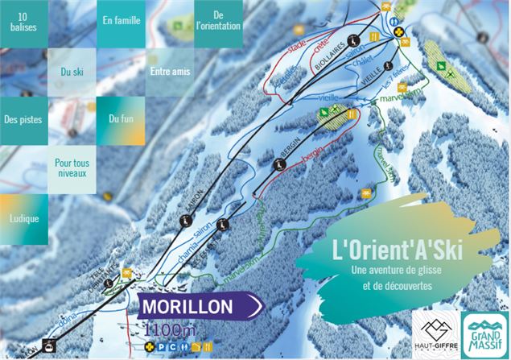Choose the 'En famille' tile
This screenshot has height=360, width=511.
point(120,22)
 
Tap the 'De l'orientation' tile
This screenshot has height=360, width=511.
point(218,22)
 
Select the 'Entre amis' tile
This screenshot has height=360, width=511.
point(170,72)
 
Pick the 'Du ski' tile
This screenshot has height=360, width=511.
point(72,72)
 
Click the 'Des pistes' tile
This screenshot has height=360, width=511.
point(23,120)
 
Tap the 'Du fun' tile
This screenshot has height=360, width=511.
point(121,120)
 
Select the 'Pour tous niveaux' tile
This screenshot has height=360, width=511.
point(72,168)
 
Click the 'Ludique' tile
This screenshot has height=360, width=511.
point(24,217)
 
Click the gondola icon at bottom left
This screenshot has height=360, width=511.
point(49,347)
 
